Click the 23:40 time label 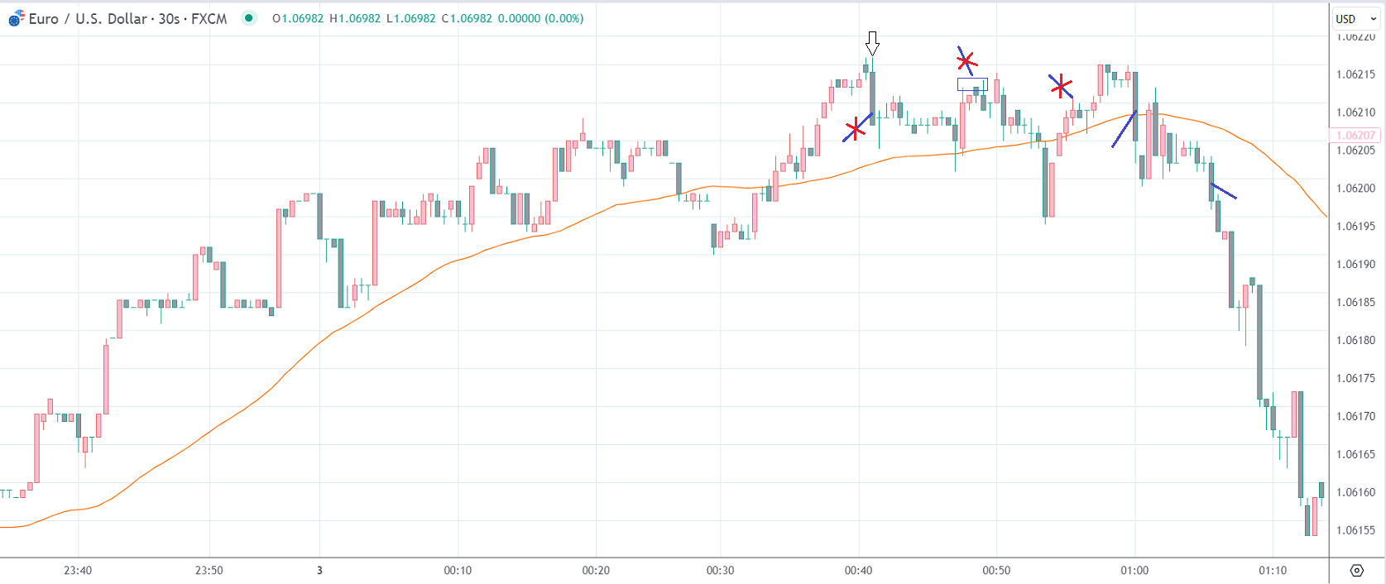tap(78, 570)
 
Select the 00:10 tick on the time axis tap(458, 570)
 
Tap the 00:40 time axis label tap(858, 570)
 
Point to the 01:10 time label tap(1273, 570)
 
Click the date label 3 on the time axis tap(319, 570)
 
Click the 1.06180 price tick tap(1355, 340)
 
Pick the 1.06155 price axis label tap(1355, 530)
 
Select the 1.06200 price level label tap(1355, 188)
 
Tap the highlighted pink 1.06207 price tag tap(1355, 136)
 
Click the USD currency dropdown tap(1355, 18)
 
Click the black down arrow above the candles tap(872, 43)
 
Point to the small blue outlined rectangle tap(972, 84)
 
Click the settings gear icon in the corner tap(1356, 570)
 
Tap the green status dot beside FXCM tap(249, 18)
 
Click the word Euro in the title tap(43, 18)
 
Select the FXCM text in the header tap(209, 18)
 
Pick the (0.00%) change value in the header tap(564, 18)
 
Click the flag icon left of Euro tap(16, 19)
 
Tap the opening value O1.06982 tap(298, 18)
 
